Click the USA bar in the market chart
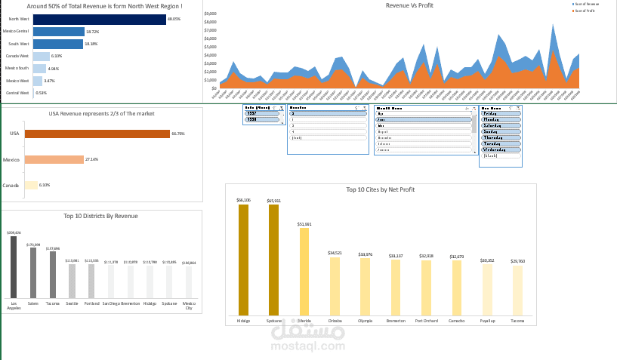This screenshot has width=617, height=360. (x=97, y=134)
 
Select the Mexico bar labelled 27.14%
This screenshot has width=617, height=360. (x=54, y=159)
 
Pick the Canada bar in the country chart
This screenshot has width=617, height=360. (x=31, y=185)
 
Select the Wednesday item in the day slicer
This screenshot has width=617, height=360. (x=501, y=149)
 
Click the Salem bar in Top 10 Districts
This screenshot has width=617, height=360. (x=33, y=272)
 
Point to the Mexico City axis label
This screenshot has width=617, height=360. (x=189, y=306)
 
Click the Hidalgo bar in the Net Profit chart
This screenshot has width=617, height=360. (x=243, y=259)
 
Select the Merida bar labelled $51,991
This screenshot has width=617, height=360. (x=304, y=270)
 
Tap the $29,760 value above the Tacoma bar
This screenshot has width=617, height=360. (x=517, y=261)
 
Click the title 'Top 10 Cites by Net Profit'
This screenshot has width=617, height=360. (x=380, y=189)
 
